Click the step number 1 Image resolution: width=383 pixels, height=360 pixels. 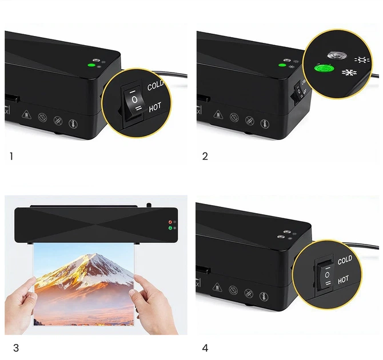click(11, 157)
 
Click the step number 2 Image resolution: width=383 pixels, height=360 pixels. click(205, 157)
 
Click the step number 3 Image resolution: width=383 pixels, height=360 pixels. click(16, 348)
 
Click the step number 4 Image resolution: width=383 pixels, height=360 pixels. click(205, 348)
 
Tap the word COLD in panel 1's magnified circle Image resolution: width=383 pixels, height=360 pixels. click(155, 85)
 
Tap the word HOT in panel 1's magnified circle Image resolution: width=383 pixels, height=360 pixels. click(155, 107)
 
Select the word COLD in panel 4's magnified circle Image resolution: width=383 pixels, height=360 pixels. click(345, 260)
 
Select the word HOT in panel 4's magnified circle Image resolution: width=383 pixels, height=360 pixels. click(343, 279)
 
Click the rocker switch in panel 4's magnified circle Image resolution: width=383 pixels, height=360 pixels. click(327, 275)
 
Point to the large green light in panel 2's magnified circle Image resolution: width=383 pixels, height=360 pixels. click(324, 68)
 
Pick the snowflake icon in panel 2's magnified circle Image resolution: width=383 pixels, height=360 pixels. click(349, 73)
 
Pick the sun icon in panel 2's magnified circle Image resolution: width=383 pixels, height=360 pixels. click(362, 60)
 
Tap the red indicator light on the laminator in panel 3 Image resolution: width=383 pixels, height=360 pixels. click(170, 222)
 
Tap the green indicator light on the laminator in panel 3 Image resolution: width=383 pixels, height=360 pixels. click(170, 228)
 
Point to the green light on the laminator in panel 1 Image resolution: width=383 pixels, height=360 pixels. click(91, 65)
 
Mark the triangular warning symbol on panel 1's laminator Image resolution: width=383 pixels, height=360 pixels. click(26, 114)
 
